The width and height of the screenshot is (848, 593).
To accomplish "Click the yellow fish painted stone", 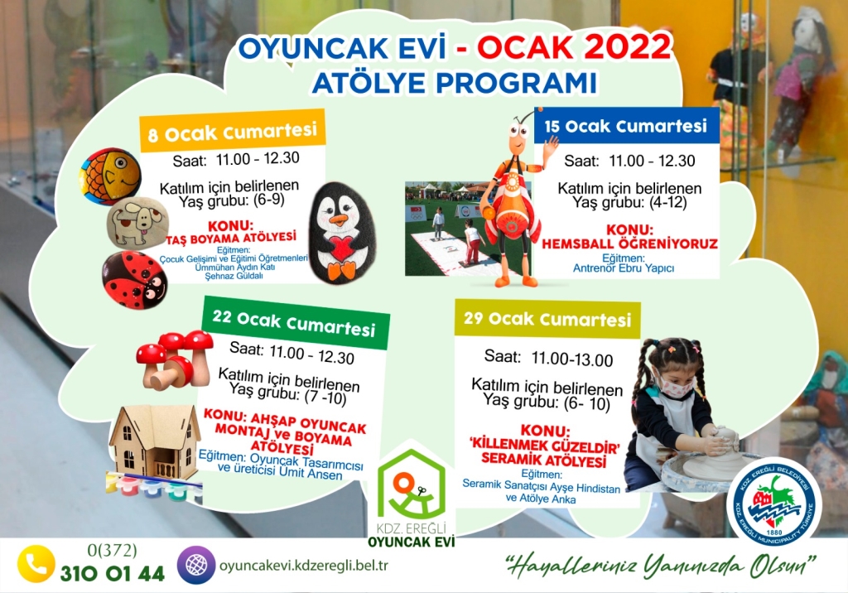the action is (x=110, y=176).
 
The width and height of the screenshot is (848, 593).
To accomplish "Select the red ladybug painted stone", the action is (x=135, y=280).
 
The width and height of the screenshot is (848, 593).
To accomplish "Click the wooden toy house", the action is (x=153, y=445).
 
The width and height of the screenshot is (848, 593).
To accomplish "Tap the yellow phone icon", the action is (x=36, y=564).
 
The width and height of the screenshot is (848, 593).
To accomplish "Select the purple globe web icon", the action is (x=195, y=565).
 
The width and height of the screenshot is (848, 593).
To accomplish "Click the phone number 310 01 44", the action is (x=112, y=573).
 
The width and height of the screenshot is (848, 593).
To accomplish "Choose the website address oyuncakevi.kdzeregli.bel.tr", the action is (x=303, y=566).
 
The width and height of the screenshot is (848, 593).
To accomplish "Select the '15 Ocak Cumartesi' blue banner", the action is (x=626, y=126).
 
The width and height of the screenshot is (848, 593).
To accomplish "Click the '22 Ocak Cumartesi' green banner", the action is (x=295, y=323).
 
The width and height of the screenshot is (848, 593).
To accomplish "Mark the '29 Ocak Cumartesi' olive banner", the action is (x=547, y=319).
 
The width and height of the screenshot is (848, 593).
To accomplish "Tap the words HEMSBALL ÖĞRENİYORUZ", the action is (x=629, y=244).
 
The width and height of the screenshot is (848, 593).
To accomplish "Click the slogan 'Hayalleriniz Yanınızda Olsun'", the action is (x=660, y=566).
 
